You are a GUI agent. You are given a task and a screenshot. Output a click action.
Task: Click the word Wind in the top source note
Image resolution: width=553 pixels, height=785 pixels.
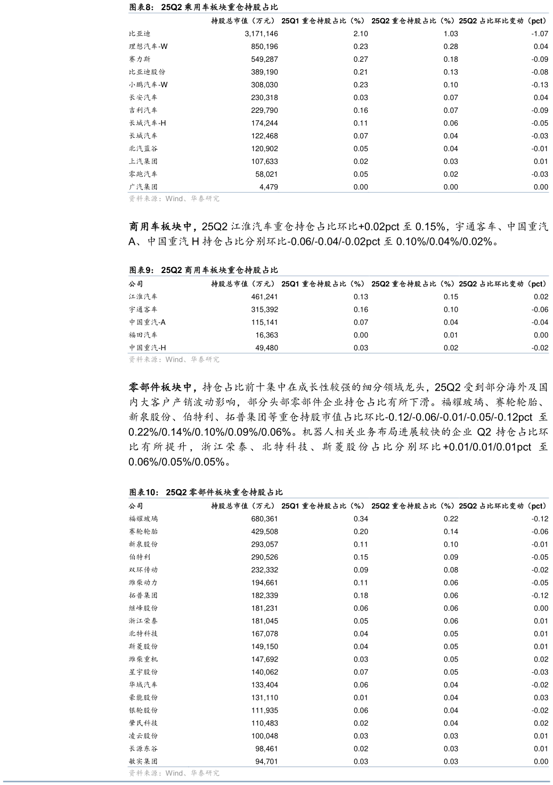coord(174,199)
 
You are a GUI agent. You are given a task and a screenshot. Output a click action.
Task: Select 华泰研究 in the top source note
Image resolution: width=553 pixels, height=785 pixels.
coord(205,199)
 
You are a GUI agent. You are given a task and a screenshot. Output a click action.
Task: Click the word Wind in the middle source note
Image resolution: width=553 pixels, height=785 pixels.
coord(174,360)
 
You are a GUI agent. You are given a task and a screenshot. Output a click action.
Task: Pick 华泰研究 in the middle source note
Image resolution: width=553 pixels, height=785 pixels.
coord(205,360)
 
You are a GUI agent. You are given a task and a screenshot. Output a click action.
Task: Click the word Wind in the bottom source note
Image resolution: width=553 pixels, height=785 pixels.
coord(174,773)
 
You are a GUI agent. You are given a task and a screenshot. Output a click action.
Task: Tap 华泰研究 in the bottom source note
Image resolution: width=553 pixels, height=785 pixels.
coord(205,773)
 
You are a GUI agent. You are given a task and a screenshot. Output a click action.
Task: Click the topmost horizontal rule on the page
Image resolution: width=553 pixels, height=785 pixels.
coord(338,13)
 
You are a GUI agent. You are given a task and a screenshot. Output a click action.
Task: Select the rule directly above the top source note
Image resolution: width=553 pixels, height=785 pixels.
coord(338,192)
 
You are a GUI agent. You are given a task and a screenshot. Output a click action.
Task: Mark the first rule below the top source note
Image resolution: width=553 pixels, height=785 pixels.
coord(338,276)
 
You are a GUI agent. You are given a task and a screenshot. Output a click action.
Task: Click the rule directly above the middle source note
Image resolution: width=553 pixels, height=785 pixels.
coord(338,353)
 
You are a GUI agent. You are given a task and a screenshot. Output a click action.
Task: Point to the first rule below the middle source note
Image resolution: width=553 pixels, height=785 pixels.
coord(338,498)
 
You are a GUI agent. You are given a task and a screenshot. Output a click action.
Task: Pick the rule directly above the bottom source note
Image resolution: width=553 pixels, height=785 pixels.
coord(338,767)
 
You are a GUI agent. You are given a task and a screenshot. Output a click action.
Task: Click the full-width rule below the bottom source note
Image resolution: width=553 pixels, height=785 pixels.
coord(276,782)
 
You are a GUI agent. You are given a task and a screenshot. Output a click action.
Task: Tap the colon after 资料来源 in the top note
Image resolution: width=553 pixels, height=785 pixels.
coord(161,199)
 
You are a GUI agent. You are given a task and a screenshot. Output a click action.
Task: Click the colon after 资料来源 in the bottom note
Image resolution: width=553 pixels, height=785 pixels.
coord(161,773)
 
